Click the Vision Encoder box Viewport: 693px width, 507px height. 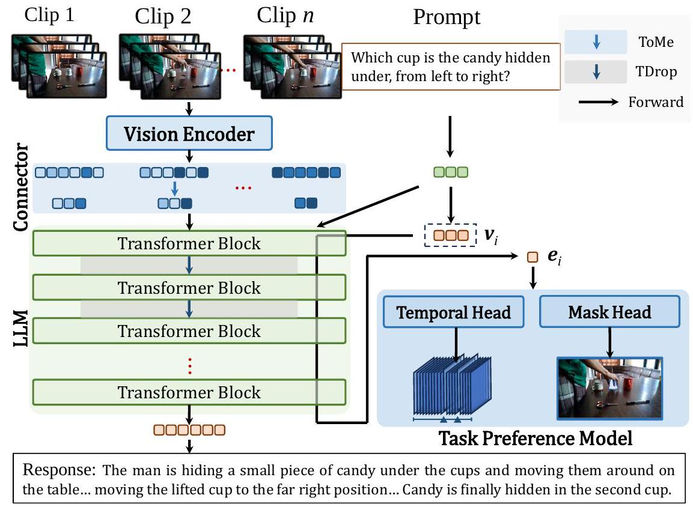pyautogui.click(x=189, y=133)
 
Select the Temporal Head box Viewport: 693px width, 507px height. pyautogui.click(x=454, y=312)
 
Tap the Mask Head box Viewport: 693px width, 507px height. pyautogui.click(x=609, y=312)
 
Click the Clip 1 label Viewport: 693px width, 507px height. pyautogui.click(x=49, y=16)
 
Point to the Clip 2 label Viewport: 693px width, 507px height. pyautogui.click(x=163, y=16)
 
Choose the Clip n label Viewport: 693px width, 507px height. pyautogui.click(x=285, y=16)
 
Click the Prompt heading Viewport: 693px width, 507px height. pyautogui.click(x=447, y=17)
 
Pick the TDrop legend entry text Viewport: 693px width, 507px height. pyautogui.click(x=657, y=72)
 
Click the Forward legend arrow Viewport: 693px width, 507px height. pyautogui.click(x=598, y=102)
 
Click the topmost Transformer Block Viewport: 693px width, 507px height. pyautogui.click(x=189, y=244)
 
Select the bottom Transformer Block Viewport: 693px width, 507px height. pyautogui.click(x=189, y=392)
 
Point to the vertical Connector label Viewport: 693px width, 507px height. pyautogui.click(x=22, y=187)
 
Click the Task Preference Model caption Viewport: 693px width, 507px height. pyautogui.click(x=536, y=439)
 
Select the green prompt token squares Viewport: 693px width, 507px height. pyautogui.click(x=451, y=172)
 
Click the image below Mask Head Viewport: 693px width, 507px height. pyautogui.click(x=610, y=387)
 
